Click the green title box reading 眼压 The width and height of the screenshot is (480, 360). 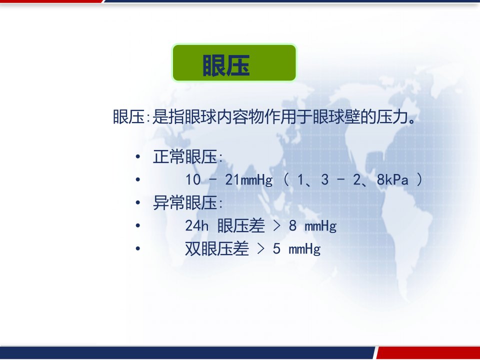[234, 63]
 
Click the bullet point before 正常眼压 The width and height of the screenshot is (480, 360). [138, 156]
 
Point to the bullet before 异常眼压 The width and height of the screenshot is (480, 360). [138, 202]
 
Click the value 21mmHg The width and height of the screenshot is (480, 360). [248, 179]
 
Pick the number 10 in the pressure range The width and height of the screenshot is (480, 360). [193, 179]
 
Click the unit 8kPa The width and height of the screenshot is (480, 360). [392, 179]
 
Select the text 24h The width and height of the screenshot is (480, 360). [197, 226]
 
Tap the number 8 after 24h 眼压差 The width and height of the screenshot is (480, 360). [292, 226]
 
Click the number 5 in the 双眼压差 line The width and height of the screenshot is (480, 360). [276, 248]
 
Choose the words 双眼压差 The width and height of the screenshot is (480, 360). [216, 248]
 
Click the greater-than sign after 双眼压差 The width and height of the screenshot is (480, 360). [260, 249]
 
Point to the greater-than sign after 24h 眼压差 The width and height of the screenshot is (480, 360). [276, 226]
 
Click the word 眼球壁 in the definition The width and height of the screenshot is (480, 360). [336, 116]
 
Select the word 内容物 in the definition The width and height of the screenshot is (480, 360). [240, 116]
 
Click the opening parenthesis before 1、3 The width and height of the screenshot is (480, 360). [286, 179]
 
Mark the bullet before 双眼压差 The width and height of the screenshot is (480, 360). [138, 248]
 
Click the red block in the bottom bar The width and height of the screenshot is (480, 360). [428, 352]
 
